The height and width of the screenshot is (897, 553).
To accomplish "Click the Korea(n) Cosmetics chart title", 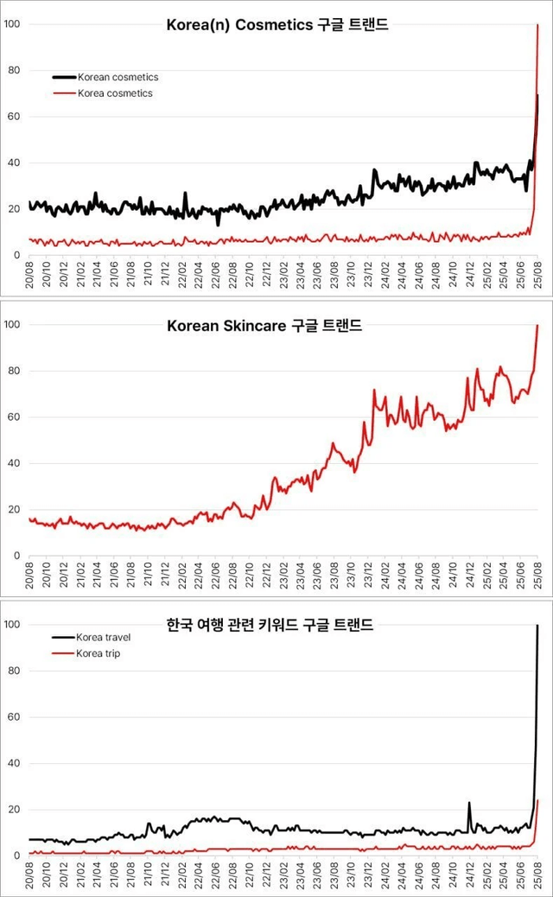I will click(276, 25).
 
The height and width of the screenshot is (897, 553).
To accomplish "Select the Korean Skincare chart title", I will click(276, 326).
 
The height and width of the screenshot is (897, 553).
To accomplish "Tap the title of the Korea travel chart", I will click(276, 625).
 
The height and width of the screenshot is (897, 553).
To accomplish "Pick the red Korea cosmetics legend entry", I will click(115, 93).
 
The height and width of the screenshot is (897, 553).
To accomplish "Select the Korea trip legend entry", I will click(98, 653).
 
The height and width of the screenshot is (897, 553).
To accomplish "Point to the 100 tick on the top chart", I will click(10, 24).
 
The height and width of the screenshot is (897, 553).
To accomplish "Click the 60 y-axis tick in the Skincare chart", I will click(10, 417).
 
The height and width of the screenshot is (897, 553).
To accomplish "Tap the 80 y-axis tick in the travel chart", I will click(10, 671).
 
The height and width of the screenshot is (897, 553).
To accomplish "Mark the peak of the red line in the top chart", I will click(537, 24).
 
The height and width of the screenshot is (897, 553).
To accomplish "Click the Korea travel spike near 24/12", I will click(469, 803).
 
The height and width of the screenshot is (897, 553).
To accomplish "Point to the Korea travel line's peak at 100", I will click(537, 625).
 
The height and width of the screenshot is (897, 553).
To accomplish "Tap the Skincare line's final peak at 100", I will click(537, 326).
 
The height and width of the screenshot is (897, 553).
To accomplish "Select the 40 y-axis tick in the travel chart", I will click(10, 763).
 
